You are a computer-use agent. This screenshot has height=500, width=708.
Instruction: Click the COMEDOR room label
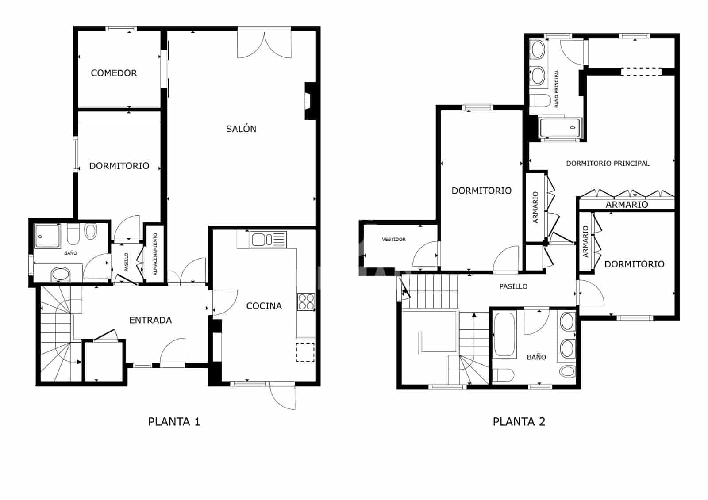[x=114, y=73]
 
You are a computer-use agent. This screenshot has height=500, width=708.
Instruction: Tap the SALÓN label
[x=241, y=129]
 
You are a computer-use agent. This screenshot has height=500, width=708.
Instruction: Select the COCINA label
[x=264, y=305]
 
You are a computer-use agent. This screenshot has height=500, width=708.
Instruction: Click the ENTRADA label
[x=150, y=320]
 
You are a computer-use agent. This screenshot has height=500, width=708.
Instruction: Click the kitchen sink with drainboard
[x=268, y=240]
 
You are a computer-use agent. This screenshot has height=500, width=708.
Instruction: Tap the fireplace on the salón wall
[x=309, y=101]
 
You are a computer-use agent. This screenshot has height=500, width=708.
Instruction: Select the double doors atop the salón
[x=265, y=43]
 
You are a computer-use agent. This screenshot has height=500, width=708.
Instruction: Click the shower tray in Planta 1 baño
[x=47, y=237]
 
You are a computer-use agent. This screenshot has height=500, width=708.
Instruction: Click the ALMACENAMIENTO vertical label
[x=155, y=254]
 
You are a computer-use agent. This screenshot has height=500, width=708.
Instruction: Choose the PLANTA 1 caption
[x=174, y=421]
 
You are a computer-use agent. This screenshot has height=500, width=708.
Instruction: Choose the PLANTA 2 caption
[x=519, y=421]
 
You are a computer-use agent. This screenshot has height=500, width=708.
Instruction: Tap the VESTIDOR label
[x=393, y=239]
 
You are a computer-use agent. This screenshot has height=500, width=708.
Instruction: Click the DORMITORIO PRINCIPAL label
[x=608, y=163]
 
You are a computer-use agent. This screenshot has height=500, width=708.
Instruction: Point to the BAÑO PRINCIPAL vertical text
[x=556, y=88]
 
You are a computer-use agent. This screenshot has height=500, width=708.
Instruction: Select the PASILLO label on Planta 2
[x=513, y=286]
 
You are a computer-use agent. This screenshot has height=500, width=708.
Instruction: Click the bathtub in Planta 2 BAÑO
[x=504, y=335]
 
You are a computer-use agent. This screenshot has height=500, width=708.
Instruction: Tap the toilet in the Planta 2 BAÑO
[x=503, y=375]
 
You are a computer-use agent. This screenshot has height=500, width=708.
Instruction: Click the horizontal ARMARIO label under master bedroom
[x=627, y=204]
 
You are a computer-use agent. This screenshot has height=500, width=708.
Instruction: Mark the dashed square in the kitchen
[x=305, y=352]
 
